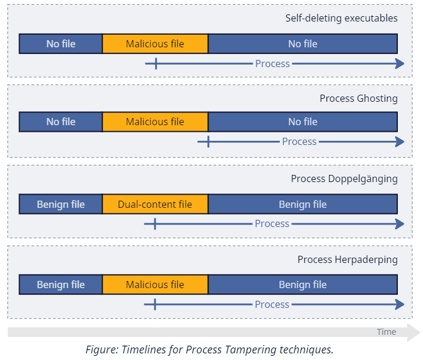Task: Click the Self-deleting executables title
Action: pyautogui.click(x=341, y=18)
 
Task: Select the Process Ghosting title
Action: pyautogui.click(x=358, y=98)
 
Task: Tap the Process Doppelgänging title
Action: pyautogui.click(x=344, y=179)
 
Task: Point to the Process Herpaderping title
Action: pyautogui.click(x=348, y=259)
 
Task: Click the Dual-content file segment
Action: pyautogui.click(x=155, y=204)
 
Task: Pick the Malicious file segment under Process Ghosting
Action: pyautogui.click(x=155, y=122)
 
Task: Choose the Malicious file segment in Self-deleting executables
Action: pyautogui.click(x=155, y=44)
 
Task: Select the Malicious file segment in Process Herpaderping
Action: pyautogui.click(x=155, y=285)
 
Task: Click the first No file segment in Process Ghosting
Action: pyautogui.click(x=61, y=122)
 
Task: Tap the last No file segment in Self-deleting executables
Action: pyautogui.click(x=303, y=44)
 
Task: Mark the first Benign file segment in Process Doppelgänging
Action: pyautogui.click(x=61, y=204)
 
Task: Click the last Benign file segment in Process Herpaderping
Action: pyautogui.click(x=303, y=285)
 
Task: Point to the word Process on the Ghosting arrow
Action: pyautogui.click(x=299, y=142)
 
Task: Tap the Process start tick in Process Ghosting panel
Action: pyautogui.click(x=208, y=142)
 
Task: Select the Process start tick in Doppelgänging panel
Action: pyautogui.click(x=155, y=224)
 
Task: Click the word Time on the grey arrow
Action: pyautogui.click(x=386, y=332)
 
